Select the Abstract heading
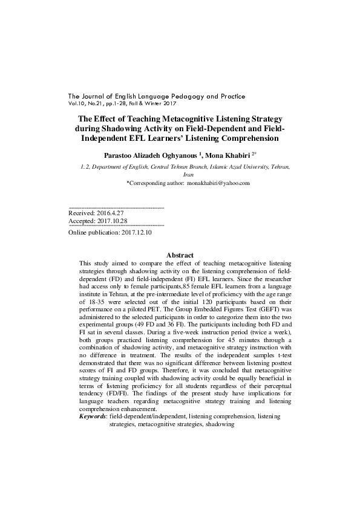coord(180,256)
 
